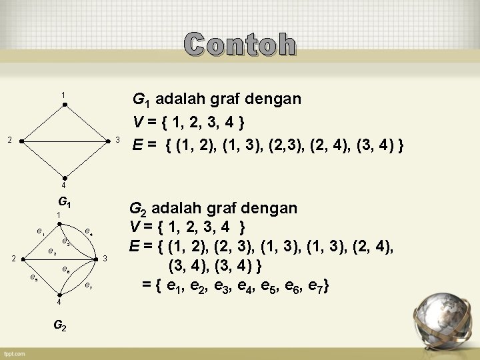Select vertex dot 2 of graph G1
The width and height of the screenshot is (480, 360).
(x=21, y=141)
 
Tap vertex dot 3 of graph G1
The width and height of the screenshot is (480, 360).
(x=108, y=141)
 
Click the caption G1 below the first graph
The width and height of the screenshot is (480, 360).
(x=65, y=201)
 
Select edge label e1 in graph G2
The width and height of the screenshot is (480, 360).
(x=41, y=232)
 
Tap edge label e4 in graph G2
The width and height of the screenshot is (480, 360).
(x=89, y=231)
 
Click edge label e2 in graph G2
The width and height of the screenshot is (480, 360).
(x=51, y=251)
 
